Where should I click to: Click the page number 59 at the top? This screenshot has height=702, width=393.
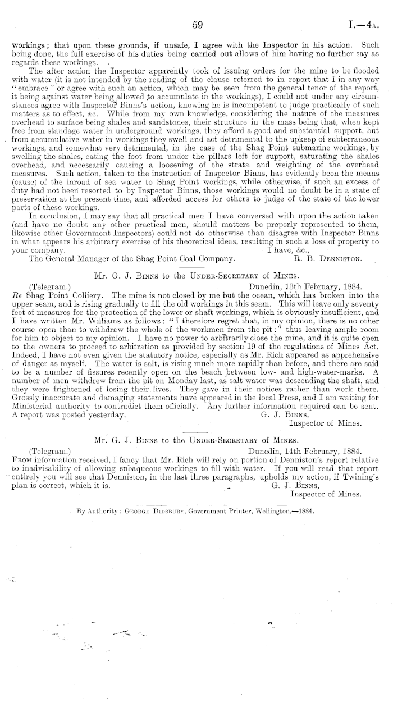click(196, 25)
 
